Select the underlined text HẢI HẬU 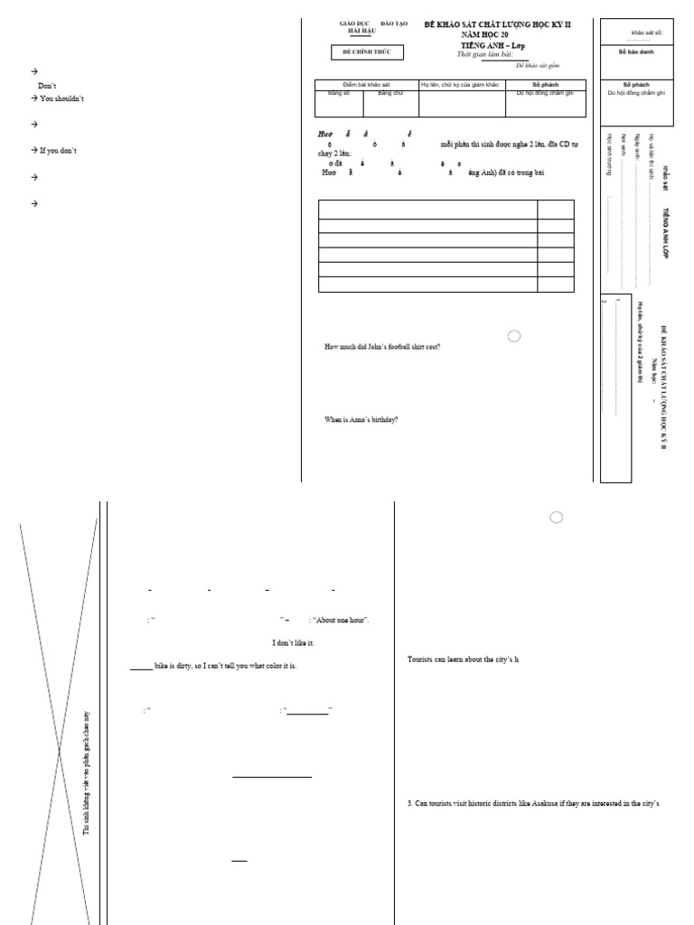[x=361, y=31]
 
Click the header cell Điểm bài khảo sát [x=366, y=85]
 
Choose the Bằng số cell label [x=339, y=93]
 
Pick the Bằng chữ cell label [x=390, y=93]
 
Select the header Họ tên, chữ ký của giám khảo [x=461, y=85]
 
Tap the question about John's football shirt [x=382, y=348]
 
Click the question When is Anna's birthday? [x=361, y=419]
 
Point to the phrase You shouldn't [x=61, y=98]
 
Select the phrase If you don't [x=58, y=150]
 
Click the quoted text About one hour [x=342, y=620]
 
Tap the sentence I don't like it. [x=293, y=642]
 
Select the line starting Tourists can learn [x=463, y=660]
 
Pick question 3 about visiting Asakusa [x=534, y=803]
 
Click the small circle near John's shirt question [x=514, y=336]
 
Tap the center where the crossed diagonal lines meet [x=60, y=749]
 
